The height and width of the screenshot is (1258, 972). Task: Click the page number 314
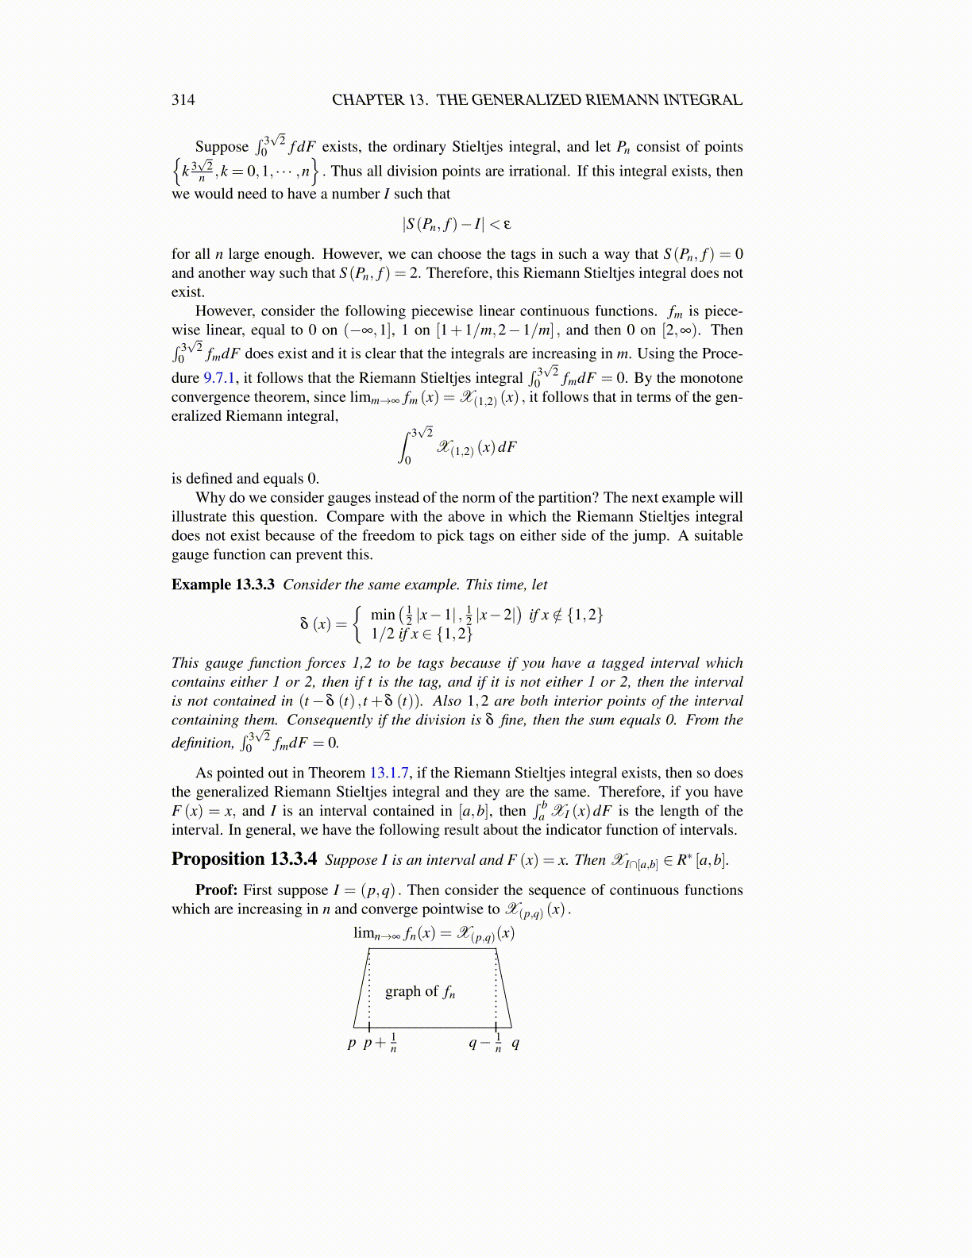coord(183,100)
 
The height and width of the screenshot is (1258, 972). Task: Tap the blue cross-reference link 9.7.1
coord(219,378)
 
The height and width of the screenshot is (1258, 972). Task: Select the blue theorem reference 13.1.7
coord(389,773)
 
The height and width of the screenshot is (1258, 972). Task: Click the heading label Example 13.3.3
coord(223,585)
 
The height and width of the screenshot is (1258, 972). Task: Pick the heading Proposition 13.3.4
coord(244,859)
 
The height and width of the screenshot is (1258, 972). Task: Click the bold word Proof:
coord(216,890)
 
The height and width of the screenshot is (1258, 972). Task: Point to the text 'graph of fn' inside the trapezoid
coord(420,991)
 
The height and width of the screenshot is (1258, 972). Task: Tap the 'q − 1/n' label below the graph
coord(485,1043)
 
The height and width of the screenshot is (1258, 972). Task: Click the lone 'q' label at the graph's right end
coord(515,1043)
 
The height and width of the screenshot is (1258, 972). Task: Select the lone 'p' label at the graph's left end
coord(352,1043)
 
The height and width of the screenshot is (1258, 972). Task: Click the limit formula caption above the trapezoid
coord(434,934)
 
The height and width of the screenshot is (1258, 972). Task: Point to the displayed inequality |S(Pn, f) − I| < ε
coord(457,225)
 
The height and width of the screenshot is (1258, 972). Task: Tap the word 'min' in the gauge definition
coord(382,615)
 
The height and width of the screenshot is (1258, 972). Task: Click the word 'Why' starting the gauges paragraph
coord(209,498)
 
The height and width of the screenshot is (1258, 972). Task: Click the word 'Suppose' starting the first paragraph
coord(222,147)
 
